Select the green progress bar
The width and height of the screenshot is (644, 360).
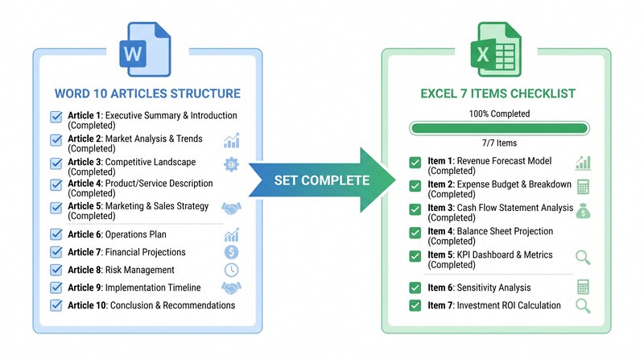click(x=498, y=127)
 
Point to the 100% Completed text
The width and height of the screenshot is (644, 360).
click(x=498, y=114)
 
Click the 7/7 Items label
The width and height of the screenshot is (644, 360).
click(x=498, y=142)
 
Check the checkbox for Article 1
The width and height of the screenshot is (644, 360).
click(x=56, y=116)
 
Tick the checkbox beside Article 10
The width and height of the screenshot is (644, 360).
click(x=56, y=305)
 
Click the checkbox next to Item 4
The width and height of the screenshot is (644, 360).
click(x=415, y=232)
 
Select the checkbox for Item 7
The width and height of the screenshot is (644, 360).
click(x=415, y=305)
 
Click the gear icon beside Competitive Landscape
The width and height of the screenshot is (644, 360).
click(x=232, y=164)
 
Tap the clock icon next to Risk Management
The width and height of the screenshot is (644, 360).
click(x=232, y=271)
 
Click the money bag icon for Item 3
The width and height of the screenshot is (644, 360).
click(x=583, y=211)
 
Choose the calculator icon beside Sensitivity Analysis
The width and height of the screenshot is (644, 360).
click(x=583, y=287)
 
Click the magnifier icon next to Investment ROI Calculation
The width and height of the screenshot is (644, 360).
click(x=583, y=306)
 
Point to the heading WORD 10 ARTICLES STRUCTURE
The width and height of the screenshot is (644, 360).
click(x=147, y=93)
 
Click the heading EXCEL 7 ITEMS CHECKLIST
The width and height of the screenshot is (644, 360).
click(x=498, y=93)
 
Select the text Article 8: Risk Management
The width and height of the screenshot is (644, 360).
click(x=121, y=271)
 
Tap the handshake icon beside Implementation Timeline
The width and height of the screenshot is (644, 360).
click(x=232, y=288)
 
